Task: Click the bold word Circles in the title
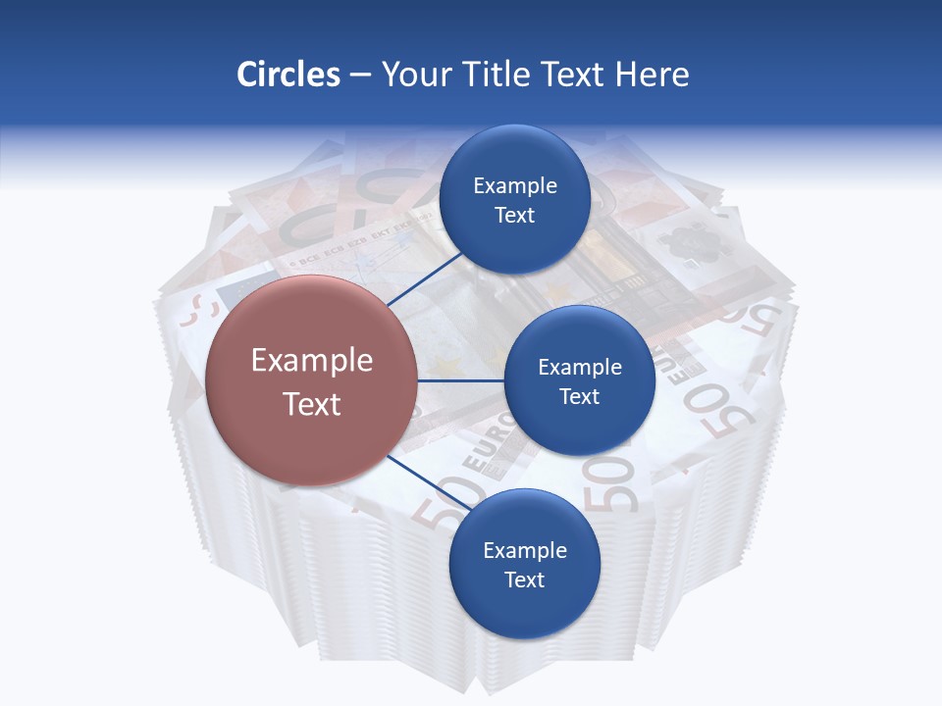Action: point(288,75)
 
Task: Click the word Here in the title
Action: point(652,75)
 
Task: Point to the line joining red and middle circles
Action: point(461,380)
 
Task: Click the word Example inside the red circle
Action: point(312,361)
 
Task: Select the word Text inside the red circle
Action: point(312,404)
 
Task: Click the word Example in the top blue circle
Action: point(515,186)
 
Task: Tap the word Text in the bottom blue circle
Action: point(524,580)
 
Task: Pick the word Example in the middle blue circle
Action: point(580,368)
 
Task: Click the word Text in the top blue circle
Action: point(515,216)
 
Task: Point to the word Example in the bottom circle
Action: point(525,551)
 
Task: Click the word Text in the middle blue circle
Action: point(580,397)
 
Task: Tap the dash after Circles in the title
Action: point(360,76)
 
